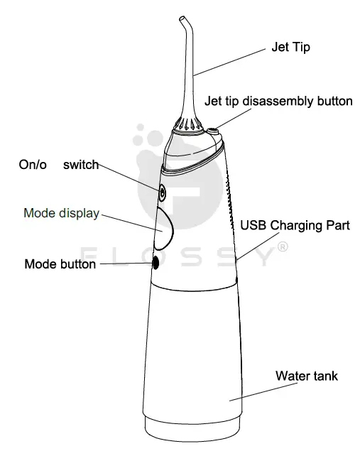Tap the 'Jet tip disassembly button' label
(278, 101)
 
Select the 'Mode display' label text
(61, 213)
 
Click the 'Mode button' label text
(60, 264)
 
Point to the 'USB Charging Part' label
(295, 227)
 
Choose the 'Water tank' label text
(306, 376)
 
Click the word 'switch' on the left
(80, 165)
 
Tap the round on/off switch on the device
(162, 192)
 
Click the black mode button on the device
(156, 264)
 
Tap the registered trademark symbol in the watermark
(281, 247)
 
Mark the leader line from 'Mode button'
(124, 264)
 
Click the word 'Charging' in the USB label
(294, 227)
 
